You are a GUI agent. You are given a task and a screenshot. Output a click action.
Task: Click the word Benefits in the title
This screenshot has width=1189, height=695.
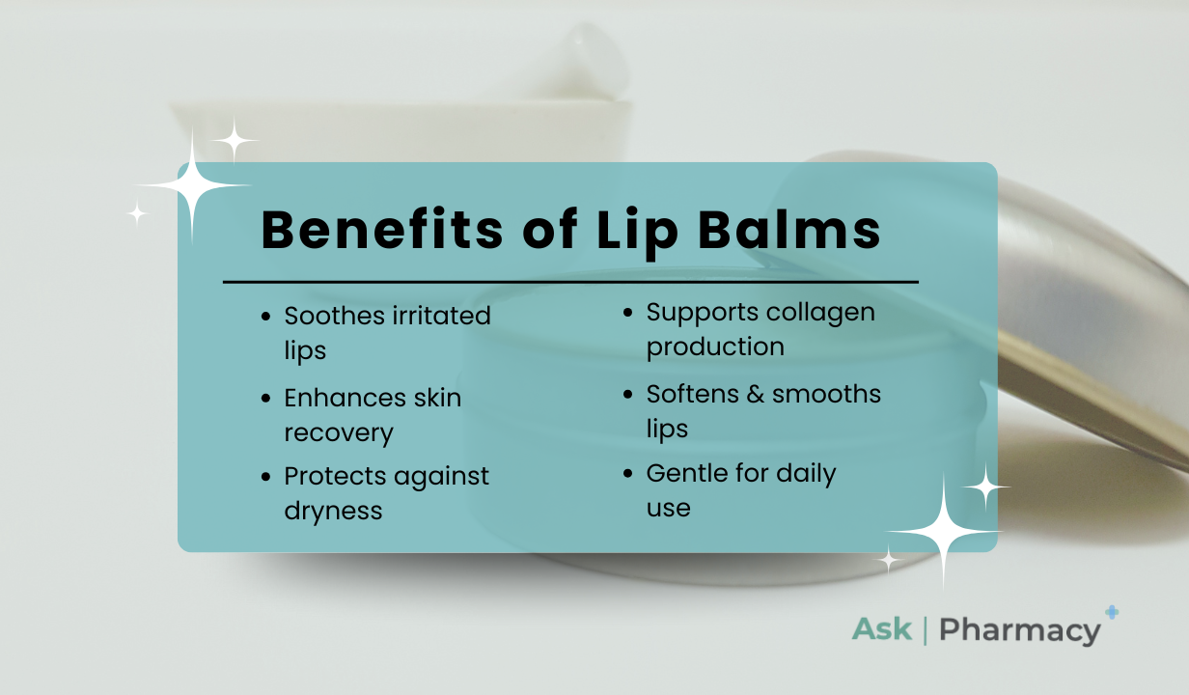[381, 230]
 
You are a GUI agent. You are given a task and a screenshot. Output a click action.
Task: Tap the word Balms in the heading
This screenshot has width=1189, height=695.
[788, 230]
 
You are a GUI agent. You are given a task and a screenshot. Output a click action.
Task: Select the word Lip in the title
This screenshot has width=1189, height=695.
[637, 234]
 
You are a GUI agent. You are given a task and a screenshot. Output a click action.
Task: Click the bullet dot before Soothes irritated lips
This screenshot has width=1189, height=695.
[266, 317]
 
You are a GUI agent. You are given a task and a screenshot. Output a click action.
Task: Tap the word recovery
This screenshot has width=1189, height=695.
[339, 433]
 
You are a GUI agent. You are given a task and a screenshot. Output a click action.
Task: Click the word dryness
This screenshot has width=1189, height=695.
[333, 512]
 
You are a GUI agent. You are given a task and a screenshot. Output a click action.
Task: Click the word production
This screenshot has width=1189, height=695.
[715, 347]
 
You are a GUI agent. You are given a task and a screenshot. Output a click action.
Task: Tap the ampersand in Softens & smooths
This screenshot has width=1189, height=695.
[755, 395]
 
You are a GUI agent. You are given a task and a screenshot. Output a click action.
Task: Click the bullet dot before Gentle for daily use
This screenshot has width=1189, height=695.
[628, 473]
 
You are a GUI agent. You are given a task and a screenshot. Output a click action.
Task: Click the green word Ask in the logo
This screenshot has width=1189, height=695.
[882, 629]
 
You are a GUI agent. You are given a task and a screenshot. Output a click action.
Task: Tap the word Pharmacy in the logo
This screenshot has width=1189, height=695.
[1020, 631]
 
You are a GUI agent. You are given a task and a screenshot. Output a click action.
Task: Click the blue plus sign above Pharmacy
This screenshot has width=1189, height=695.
[1112, 613]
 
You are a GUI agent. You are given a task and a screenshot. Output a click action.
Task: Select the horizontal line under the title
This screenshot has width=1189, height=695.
[570, 282]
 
